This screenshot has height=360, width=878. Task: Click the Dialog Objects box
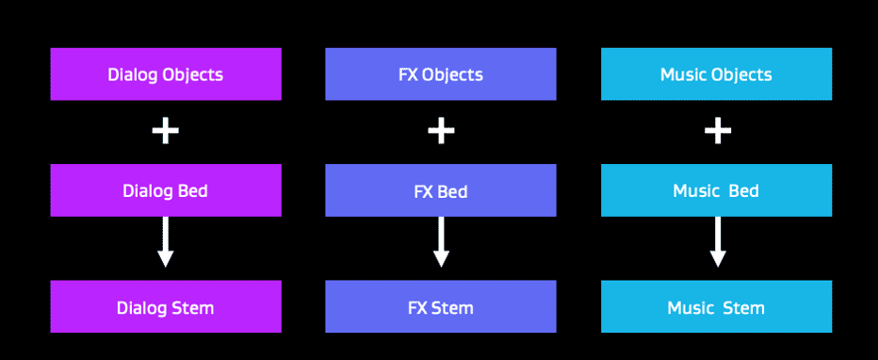(x=166, y=74)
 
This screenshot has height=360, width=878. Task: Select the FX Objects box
(x=441, y=74)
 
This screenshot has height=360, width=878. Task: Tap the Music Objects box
(x=716, y=74)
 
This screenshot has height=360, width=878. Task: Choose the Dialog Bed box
(x=166, y=190)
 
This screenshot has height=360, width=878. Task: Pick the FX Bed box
(x=441, y=190)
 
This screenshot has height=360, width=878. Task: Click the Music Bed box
(x=716, y=190)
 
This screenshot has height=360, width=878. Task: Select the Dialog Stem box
(x=166, y=307)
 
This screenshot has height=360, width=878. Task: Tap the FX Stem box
(x=441, y=307)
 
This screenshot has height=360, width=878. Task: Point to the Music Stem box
(x=716, y=307)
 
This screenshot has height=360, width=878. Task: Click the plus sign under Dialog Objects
(x=166, y=131)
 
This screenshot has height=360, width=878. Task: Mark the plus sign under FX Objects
(x=441, y=131)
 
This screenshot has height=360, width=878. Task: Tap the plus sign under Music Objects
(x=717, y=131)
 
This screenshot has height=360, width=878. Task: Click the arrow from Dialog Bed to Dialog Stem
(x=166, y=242)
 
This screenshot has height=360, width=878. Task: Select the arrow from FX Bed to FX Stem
(x=441, y=242)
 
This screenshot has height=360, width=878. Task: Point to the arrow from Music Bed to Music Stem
(x=717, y=242)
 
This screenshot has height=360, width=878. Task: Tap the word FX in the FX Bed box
(x=423, y=191)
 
